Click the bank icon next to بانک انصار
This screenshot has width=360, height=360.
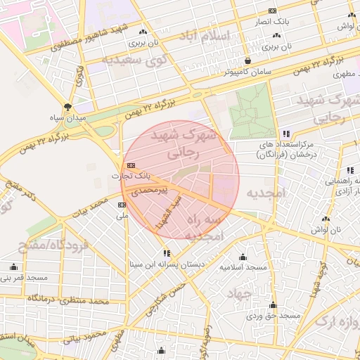tap(272, 11)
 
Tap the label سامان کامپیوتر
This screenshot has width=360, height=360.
tap(249, 72)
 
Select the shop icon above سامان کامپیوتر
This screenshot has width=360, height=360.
tap(248, 60)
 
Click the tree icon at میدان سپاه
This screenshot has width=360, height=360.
tap(67, 107)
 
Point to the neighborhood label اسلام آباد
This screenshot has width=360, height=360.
tap(205, 36)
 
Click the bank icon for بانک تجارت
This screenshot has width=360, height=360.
tap(122, 165)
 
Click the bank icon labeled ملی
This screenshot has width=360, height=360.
tap(122, 205)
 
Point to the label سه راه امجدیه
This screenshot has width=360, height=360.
tap(220, 229)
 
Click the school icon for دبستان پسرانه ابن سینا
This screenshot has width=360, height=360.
tap(167, 253)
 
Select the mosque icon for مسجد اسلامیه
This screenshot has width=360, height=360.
tap(243, 257)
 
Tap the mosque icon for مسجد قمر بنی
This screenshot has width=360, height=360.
tap(13, 266)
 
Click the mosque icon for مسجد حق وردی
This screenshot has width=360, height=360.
tap(273, 305)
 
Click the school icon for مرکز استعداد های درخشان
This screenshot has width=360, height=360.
tap(285, 133)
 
